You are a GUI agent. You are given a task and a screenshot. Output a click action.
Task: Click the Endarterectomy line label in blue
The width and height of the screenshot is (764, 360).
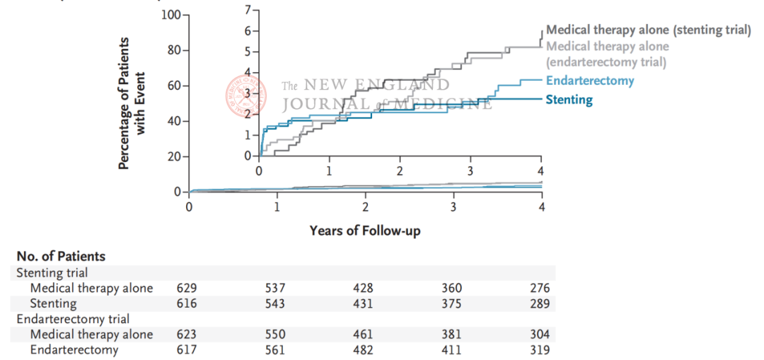click(x=590, y=81)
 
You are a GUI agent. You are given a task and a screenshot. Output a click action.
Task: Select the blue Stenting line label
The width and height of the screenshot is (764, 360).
click(x=569, y=100)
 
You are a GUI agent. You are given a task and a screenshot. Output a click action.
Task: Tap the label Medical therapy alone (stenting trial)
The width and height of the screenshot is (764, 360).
click(x=648, y=30)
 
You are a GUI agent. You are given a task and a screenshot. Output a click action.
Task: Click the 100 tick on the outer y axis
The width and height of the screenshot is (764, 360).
click(x=171, y=15)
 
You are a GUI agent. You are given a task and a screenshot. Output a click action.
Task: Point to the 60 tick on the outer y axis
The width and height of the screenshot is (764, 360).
click(x=174, y=86)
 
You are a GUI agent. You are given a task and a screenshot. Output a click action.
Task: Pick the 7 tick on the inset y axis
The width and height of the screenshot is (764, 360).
click(x=247, y=10)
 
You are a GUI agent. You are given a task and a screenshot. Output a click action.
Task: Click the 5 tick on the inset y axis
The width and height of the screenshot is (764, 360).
click(x=247, y=52)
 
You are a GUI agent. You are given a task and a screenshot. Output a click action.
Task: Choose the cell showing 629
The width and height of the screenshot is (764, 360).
click(x=187, y=288)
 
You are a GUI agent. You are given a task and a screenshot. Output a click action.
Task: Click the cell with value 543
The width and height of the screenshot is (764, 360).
click(x=276, y=303)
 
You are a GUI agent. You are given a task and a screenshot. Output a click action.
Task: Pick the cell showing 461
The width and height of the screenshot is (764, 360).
click(x=364, y=334)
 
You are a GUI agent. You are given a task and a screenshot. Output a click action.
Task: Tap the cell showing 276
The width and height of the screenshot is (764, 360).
click(x=540, y=288)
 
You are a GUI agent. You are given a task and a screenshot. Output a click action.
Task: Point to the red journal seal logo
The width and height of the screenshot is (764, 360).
click(x=244, y=94)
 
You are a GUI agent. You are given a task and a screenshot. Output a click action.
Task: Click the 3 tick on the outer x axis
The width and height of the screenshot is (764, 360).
click(x=453, y=207)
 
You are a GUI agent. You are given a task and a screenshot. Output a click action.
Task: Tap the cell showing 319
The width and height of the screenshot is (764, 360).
click(x=540, y=349)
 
